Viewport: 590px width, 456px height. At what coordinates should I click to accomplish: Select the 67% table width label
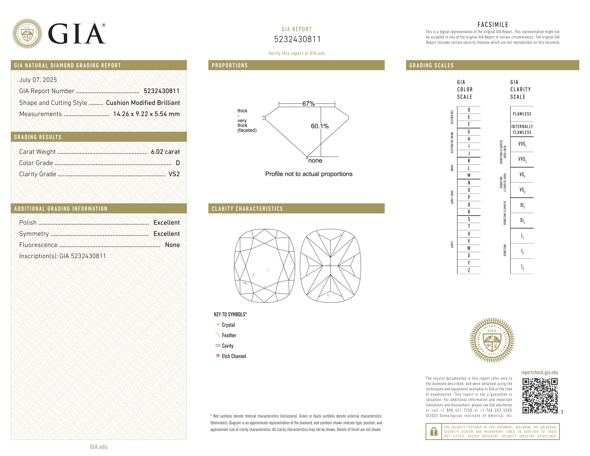[x=308, y=104]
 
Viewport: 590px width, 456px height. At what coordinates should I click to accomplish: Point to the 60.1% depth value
[x=320, y=126]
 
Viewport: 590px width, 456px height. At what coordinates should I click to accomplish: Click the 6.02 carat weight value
[x=165, y=152]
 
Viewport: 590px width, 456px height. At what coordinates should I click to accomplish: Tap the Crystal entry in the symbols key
[x=228, y=325]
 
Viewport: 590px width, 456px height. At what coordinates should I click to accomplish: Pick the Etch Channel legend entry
[x=234, y=356]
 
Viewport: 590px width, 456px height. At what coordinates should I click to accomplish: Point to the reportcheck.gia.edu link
[x=539, y=373]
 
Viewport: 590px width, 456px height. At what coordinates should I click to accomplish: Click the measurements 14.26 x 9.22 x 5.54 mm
[x=146, y=114]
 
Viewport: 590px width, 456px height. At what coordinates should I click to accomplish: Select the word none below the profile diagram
[x=315, y=161]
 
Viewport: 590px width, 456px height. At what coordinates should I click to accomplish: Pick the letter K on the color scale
[x=469, y=161]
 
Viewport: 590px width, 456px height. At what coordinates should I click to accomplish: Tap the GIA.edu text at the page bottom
[x=99, y=447]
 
